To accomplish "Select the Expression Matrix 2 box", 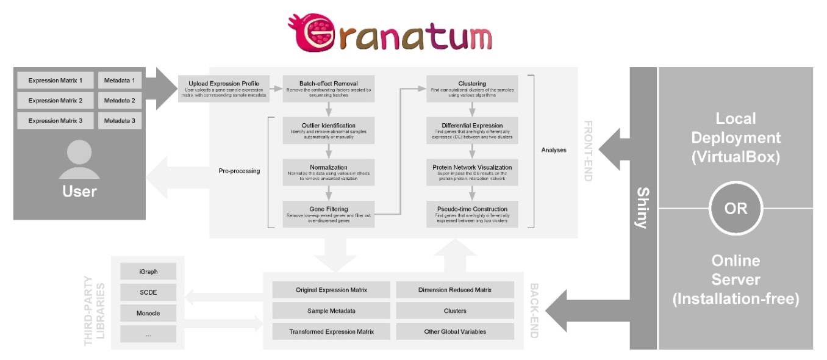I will click(x=55, y=100).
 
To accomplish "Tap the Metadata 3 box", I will click(x=120, y=120).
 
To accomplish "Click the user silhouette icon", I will click(x=79, y=160).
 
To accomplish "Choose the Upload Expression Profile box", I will click(x=224, y=88).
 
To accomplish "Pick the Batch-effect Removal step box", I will click(x=328, y=88).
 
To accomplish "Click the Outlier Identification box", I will click(x=328, y=130).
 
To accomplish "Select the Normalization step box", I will click(x=328, y=171).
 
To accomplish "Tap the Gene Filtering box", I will click(x=328, y=214).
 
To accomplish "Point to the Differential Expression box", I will click(x=472, y=130).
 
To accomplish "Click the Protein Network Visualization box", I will click(x=472, y=171).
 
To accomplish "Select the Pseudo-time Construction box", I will click(x=472, y=214).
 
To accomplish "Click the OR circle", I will click(x=736, y=208).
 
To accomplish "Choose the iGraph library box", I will click(x=148, y=271).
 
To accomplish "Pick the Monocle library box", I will click(x=148, y=313).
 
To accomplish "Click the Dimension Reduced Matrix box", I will click(x=455, y=290).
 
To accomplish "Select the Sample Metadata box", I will click(x=331, y=311).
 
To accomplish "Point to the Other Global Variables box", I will click(x=455, y=331).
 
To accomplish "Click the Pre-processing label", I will click(x=239, y=171).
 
